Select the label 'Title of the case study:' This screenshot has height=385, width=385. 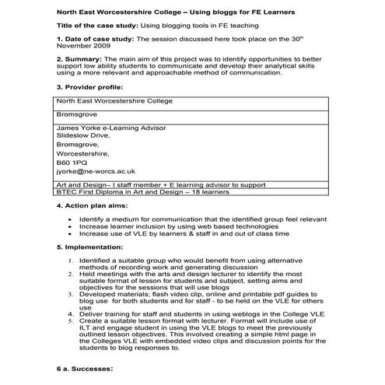coord(96,26)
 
